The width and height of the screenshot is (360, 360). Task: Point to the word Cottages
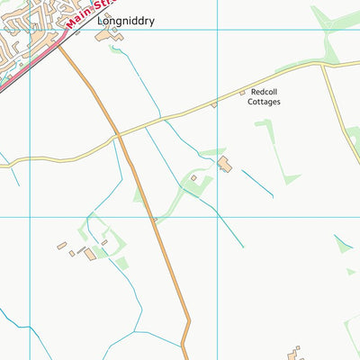click(265, 103)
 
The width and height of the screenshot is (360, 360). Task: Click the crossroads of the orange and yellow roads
click(118, 136)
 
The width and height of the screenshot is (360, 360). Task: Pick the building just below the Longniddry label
click(114, 36)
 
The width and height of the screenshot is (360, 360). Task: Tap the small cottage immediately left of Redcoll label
click(241, 93)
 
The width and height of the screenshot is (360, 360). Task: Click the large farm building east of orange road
click(224, 164)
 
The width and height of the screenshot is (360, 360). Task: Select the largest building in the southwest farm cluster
click(89, 254)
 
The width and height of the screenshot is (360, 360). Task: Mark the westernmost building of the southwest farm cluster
click(61, 245)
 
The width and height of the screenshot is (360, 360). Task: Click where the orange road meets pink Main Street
click(59, 45)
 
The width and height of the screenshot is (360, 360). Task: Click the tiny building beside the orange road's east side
click(155, 219)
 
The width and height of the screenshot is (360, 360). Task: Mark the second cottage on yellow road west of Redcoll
click(214, 105)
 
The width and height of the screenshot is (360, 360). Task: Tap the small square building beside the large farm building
click(193, 178)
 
